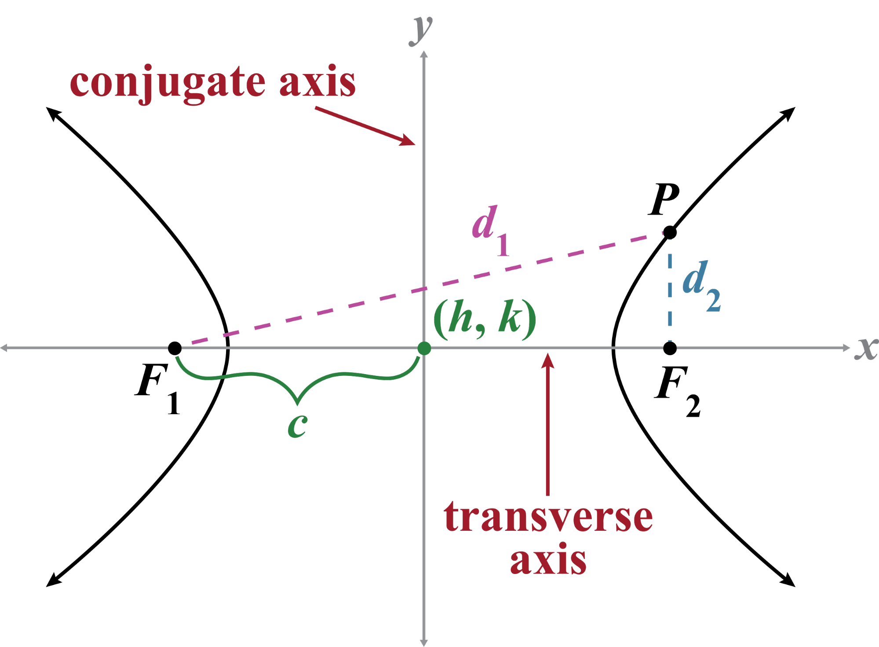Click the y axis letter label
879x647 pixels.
[x=421, y=30]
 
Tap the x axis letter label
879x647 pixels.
[x=866, y=349]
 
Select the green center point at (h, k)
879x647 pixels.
[x=424, y=348]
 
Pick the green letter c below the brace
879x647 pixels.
[x=297, y=426]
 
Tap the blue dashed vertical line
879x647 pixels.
[x=670, y=290]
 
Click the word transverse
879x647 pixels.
[x=548, y=518]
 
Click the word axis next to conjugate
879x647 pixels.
[x=317, y=83]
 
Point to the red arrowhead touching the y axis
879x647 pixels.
[x=408, y=141]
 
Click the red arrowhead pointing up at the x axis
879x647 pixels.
[x=547, y=360]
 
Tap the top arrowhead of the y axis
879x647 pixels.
[x=424, y=55]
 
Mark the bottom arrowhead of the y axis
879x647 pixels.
[x=424, y=642]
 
